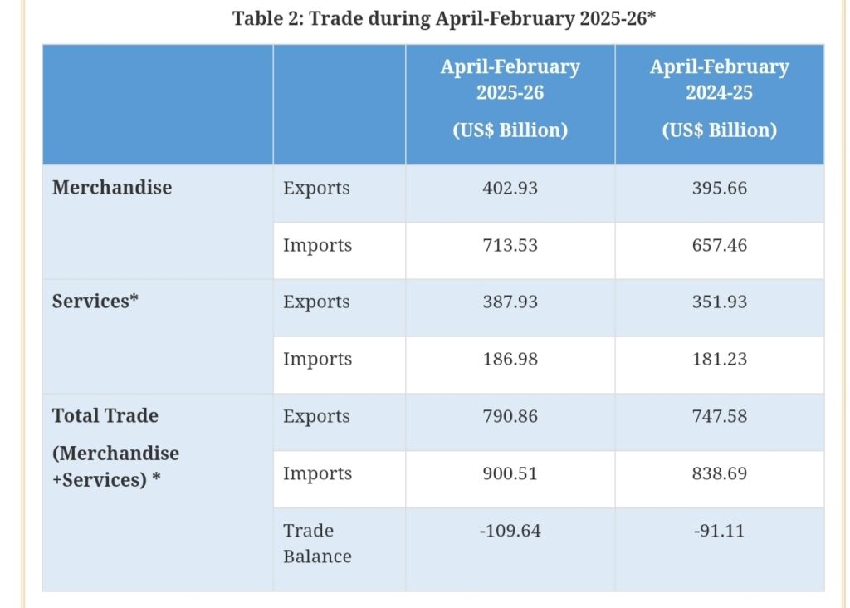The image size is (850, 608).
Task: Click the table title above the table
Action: (x=444, y=19)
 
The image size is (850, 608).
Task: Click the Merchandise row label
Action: (x=112, y=188)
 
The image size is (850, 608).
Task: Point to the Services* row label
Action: (x=95, y=302)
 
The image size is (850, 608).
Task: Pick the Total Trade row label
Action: (x=105, y=416)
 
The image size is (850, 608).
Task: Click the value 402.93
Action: (x=510, y=189)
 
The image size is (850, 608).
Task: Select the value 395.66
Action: (x=719, y=189)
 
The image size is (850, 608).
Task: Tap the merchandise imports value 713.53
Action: (x=510, y=246)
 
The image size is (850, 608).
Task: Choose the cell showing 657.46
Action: (x=719, y=246)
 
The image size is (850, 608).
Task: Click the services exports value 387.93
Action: (x=510, y=302)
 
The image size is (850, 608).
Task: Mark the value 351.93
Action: (x=719, y=302)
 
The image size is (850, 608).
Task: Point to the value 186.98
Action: (x=510, y=360)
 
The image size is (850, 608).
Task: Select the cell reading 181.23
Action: (x=719, y=360)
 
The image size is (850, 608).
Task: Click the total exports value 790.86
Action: (x=510, y=417)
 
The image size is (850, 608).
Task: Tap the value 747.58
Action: (x=719, y=417)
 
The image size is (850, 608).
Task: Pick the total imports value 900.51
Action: (x=510, y=474)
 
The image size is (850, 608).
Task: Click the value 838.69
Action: (x=719, y=474)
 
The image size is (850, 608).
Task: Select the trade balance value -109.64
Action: (x=510, y=531)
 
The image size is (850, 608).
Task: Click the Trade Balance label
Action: (x=317, y=543)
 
